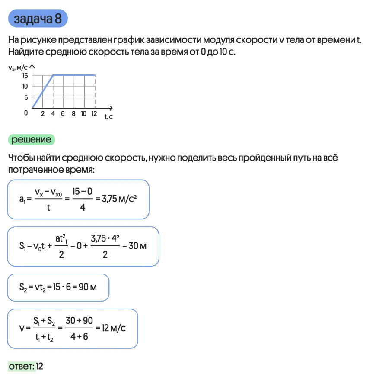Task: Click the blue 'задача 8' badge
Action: (38, 19)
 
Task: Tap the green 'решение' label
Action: (32, 139)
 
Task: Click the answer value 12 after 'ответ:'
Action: (40, 366)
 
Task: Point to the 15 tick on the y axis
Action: (25, 76)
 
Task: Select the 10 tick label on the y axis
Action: (25, 87)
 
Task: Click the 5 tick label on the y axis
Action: (26, 97)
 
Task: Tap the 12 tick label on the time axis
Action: (94, 114)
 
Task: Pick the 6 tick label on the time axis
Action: (63, 114)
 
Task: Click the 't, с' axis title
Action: (108, 116)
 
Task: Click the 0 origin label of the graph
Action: (26, 113)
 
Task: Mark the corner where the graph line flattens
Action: (53, 75)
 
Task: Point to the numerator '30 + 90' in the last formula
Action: (79, 320)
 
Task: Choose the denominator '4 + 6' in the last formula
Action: (79, 336)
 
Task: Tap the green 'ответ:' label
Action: (22, 366)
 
